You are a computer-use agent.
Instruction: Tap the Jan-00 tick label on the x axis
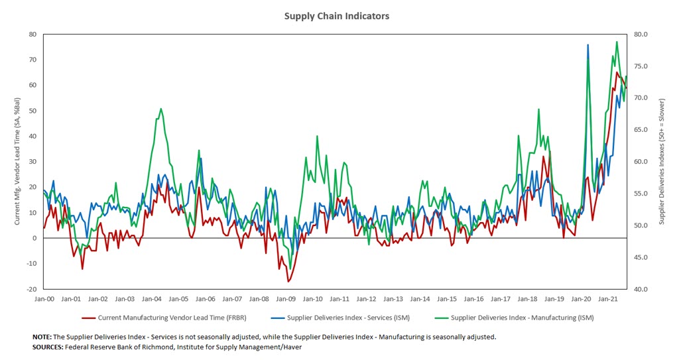coord(44,299)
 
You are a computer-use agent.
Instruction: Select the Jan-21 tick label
coord(609,299)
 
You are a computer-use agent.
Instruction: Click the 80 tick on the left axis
coord(32,34)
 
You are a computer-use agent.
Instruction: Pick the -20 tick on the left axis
coord(31,289)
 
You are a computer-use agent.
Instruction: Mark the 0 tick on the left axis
coord(34,238)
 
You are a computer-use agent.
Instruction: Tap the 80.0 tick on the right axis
coord(645,34)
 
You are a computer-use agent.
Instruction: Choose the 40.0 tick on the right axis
coord(645,289)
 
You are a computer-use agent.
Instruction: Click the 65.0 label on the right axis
coord(645,130)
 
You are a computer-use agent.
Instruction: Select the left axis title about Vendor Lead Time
coord(17,162)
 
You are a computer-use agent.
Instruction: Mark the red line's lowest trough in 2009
coord(288,282)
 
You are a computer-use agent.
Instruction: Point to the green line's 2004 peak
coord(161,109)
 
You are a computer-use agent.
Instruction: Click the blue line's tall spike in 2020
coord(588,44)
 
